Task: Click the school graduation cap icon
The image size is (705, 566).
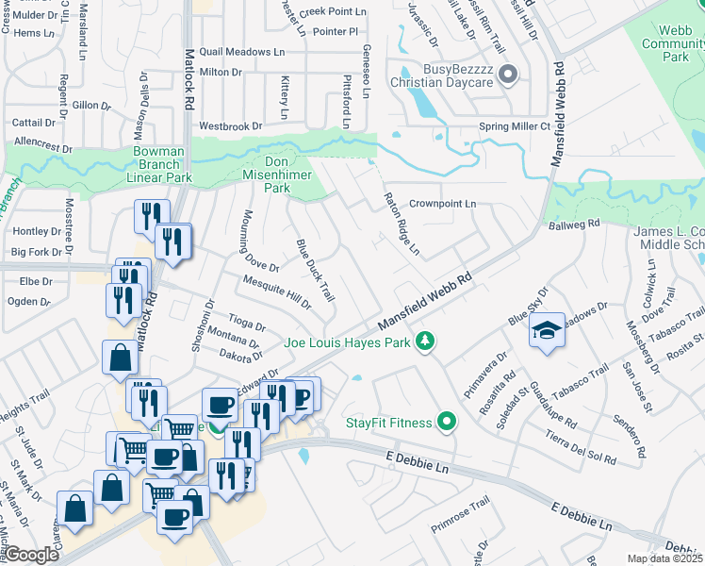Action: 548,331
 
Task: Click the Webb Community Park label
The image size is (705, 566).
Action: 675,43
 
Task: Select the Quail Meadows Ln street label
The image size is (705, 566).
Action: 235,51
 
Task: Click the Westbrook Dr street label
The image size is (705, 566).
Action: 230,125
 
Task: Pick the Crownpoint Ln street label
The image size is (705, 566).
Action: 443,203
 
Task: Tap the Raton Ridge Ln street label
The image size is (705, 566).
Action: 401,225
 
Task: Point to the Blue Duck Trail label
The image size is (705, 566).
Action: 316,270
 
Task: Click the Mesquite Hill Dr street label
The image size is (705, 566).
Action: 276,291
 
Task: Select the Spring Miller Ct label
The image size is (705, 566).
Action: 515,125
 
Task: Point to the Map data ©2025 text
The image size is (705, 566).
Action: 664,558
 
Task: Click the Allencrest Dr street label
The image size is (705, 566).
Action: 43,147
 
